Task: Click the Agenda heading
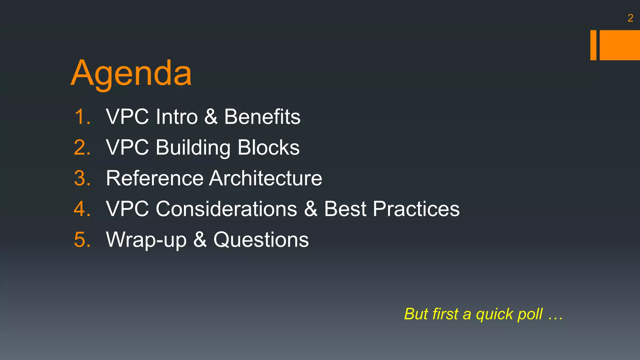[x=131, y=73]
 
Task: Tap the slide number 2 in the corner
[x=630, y=18]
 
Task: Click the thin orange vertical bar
[x=593, y=45]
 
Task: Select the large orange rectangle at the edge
[x=620, y=45]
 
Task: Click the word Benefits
[x=262, y=117]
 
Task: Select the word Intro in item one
[x=177, y=117]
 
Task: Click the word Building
[x=193, y=147]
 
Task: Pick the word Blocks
[x=268, y=147]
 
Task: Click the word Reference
[x=155, y=178]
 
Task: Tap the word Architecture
[x=266, y=178]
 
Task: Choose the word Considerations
[x=226, y=209]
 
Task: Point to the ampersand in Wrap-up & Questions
[x=200, y=240]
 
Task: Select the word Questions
[x=261, y=240]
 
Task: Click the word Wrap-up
[x=146, y=240]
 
